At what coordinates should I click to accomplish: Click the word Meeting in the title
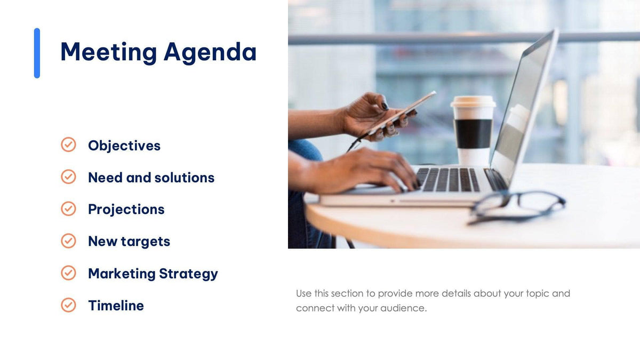(108, 52)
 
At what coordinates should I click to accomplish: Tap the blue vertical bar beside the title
(37, 53)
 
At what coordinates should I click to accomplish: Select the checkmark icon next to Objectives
(68, 145)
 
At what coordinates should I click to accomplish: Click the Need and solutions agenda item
(151, 178)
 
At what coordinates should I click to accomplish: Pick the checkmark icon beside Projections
(68, 209)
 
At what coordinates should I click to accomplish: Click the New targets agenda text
(129, 242)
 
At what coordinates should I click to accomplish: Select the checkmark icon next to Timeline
(68, 305)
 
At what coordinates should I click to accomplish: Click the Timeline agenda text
(116, 306)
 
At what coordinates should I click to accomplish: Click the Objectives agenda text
(124, 146)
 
